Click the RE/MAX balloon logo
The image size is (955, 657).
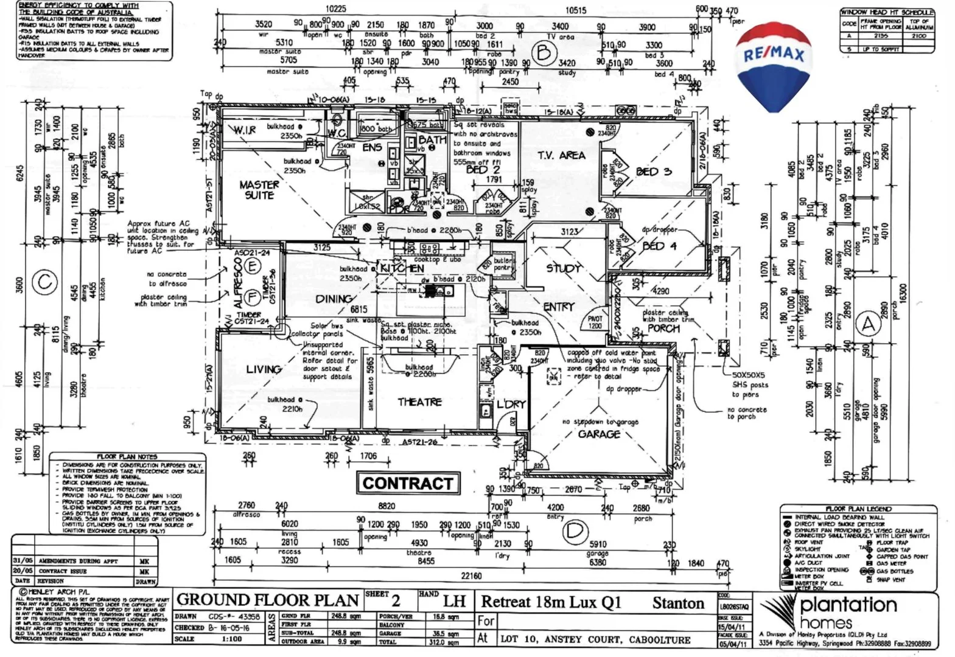[x=773, y=64]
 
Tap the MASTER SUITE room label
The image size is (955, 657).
[x=259, y=190]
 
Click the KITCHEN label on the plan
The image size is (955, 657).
[x=402, y=268]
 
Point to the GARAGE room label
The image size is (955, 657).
[x=599, y=434]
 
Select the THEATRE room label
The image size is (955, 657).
[x=419, y=402]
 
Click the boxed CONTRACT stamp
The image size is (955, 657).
[x=408, y=484]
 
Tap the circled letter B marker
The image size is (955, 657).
[x=543, y=53]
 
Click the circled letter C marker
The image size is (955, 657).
[x=44, y=283]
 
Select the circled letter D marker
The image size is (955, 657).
[x=573, y=531]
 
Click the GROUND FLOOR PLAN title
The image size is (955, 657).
[x=267, y=600]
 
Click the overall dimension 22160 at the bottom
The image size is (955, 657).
[x=471, y=575]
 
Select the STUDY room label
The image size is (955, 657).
[x=563, y=268]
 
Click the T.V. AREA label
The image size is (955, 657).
[x=561, y=155]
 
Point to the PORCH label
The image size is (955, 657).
[x=663, y=328]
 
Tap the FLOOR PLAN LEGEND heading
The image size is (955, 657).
[x=858, y=509]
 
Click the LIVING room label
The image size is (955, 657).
[x=264, y=369]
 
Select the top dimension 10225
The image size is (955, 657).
[x=335, y=9]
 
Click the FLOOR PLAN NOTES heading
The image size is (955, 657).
[x=127, y=457]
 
